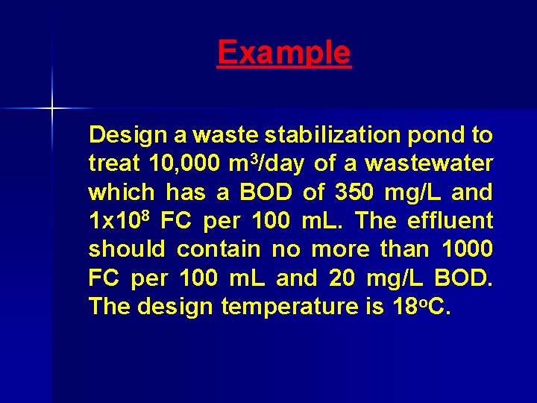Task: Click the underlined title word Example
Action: click(283, 53)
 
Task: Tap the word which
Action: click(120, 193)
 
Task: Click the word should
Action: click(125, 249)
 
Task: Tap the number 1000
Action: click(467, 249)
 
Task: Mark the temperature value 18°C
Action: click(417, 307)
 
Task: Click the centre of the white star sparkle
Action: click(51, 109)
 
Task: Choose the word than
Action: click(402, 249)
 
